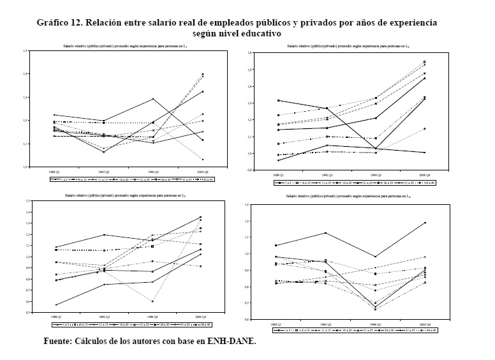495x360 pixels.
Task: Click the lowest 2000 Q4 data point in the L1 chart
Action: [x=203, y=160]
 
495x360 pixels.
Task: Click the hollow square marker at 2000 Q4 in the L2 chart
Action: [x=424, y=62]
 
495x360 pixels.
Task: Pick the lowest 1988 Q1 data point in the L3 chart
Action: [x=55, y=304]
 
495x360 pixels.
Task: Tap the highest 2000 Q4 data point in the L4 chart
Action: [x=424, y=223]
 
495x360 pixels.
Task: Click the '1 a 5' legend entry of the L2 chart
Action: [x=283, y=183]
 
